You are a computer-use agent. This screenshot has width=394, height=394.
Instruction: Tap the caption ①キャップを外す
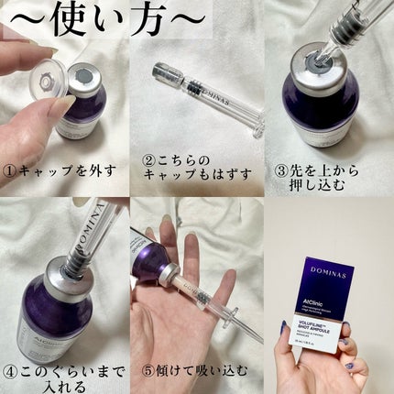click(x=62, y=170)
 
